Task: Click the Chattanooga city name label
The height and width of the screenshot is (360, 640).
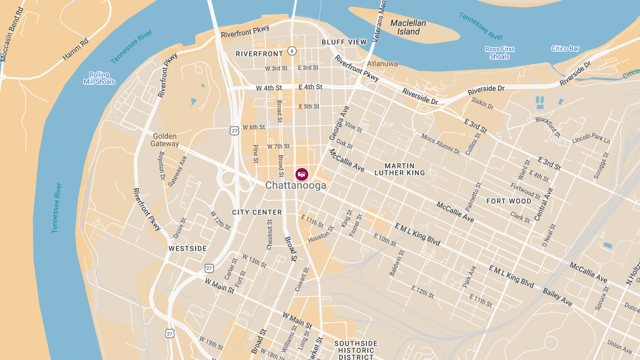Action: coord(295,186)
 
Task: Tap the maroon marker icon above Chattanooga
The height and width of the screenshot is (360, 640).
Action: coord(301,173)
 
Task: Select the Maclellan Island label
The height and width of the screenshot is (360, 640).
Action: coord(408,27)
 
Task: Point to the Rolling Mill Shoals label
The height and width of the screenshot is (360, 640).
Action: coord(99,78)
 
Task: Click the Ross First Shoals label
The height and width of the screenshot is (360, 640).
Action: coord(500,53)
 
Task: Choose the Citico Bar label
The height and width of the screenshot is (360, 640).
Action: coord(565,49)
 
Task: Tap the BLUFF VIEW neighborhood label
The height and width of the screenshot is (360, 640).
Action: coord(344,42)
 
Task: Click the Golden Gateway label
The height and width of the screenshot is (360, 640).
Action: coord(165,140)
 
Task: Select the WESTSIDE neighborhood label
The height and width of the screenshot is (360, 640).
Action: coord(187,249)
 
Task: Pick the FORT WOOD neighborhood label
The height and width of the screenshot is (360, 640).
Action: coord(509,201)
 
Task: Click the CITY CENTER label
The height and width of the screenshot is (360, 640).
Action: coord(257,212)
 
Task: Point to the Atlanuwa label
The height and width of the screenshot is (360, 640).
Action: coord(382,63)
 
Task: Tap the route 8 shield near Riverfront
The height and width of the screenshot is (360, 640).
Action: coord(292,51)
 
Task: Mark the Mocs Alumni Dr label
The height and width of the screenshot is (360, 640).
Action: coord(441,144)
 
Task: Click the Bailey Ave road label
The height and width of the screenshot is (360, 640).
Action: coord(557,298)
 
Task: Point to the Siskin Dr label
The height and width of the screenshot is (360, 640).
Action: coord(483,103)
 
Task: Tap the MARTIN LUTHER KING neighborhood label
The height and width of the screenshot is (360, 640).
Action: coord(399,169)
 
